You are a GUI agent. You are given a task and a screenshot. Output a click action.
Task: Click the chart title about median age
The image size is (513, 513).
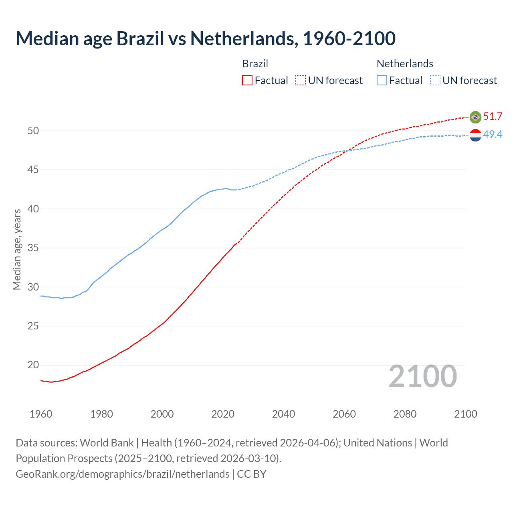tap(206, 38)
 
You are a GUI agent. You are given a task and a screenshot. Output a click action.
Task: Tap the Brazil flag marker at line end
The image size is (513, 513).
tap(475, 117)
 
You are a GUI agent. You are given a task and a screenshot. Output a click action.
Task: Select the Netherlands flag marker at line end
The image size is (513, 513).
tap(475, 135)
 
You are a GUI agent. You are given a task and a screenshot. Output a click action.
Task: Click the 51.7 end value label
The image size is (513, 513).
tap(493, 117)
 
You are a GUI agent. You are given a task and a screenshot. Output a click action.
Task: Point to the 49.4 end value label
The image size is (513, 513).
tap(493, 135)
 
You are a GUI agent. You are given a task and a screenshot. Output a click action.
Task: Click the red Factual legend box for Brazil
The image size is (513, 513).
tap(247, 81)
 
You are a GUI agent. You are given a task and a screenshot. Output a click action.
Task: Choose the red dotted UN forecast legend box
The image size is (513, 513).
tap(301, 81)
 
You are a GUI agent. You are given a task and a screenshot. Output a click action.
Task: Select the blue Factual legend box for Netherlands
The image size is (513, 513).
tap(382, 81)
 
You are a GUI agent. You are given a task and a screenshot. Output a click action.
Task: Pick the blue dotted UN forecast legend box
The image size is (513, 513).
tap(435, 81)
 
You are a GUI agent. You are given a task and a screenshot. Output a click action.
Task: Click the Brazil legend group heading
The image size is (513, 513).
tap(255, 64)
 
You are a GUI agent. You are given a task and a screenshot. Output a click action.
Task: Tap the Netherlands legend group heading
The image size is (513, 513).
tap(405, 64)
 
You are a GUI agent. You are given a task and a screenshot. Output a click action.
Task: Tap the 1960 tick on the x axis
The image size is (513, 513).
tap(41, 414)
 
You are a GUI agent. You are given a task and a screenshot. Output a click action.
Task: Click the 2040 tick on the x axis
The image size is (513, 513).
tap(283, 414)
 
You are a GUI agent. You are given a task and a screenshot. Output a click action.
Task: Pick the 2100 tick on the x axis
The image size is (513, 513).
tap(465, 414)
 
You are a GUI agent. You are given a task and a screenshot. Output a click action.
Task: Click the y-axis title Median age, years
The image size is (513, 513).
tap(17, 249)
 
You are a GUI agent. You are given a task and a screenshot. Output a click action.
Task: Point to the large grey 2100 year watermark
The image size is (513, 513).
tap(422, 376)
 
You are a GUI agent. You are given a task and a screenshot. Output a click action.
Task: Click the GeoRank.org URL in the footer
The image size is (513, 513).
tap(123, 474)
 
